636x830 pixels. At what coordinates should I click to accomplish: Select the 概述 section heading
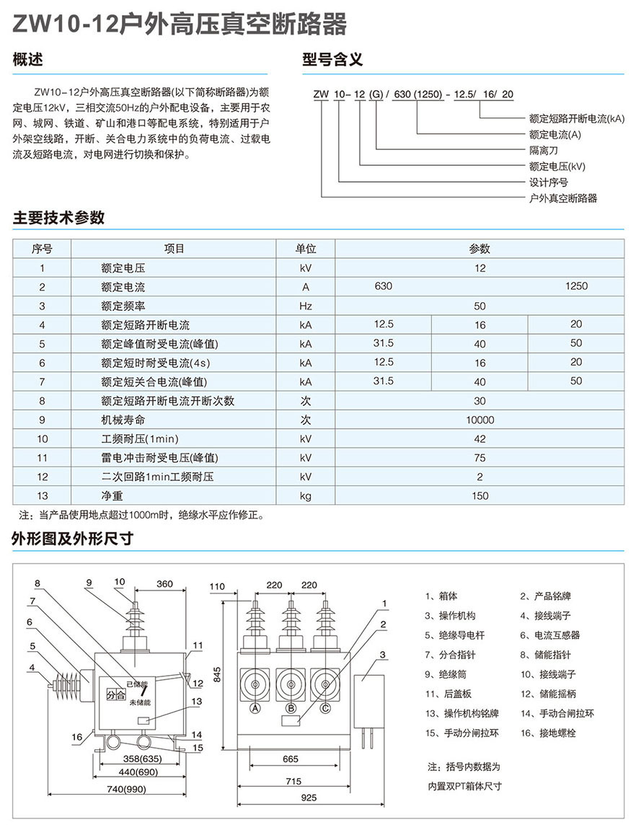pos(29,61)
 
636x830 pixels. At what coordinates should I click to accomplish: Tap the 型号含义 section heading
pos(330,61)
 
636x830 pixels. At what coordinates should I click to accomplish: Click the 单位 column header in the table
pos(306,249)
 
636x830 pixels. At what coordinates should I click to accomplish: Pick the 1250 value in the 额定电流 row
pos(576,286)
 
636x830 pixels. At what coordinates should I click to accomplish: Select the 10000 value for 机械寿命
pos(480,420)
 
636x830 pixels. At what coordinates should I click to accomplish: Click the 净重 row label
pos(112,495)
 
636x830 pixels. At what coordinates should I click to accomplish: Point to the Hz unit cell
pos(306,306)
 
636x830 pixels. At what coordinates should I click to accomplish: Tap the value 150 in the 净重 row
pos(480,495)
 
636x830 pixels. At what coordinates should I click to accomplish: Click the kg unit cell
pos(306,495)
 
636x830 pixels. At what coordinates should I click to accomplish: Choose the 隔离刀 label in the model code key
pos(544,150)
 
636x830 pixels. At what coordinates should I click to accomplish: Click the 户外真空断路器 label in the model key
pos(563,198)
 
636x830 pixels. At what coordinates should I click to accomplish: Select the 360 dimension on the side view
pos(164,584)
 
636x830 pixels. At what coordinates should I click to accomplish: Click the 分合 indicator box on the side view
pos(115,695)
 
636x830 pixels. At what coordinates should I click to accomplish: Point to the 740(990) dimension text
pos(126,789)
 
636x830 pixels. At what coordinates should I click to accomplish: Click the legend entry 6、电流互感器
pos(550,635)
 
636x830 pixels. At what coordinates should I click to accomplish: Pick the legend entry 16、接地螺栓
pos(550,733)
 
